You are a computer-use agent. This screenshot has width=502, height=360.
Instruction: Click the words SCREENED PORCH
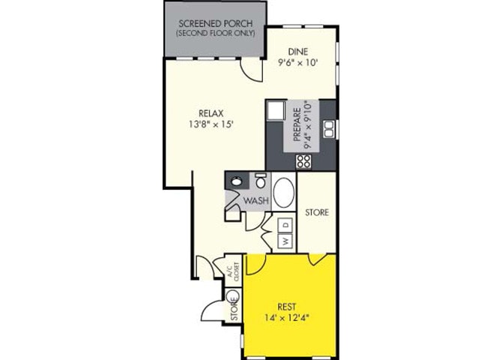coord(215,23)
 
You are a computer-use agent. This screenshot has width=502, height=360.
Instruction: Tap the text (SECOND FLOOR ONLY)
coord(215,34)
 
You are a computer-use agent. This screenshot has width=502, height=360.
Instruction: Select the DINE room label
coord(300,52)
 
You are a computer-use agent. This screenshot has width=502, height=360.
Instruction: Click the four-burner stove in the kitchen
coord(304,160)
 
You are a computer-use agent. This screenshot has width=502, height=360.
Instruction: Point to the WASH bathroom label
coord(256,201)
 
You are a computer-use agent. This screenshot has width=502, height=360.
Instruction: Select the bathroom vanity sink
coord(236,181)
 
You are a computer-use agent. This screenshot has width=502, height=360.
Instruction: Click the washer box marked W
coord(285,241)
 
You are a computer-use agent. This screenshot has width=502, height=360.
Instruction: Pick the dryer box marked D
coord(285,225)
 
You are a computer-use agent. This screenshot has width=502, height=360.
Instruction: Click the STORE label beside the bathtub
coord(317,212)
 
